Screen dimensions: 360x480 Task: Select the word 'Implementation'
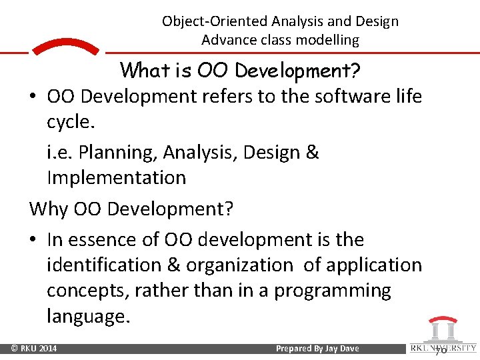pyautogui.click(x=116, y=178)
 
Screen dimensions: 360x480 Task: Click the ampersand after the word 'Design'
pyautogui.click(x=313, y=153)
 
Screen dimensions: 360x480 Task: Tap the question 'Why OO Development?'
pyautogui.click(x=131, y=209)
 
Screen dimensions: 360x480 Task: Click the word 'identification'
pyautogui.click(x=103, y=265)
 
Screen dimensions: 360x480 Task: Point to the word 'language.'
pyautogui.click(x=88, y=316)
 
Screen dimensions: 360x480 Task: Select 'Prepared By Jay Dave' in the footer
pyautogui.click(x=317, y=349)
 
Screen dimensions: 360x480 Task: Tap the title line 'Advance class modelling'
pyautogui.click(x=280, y=40)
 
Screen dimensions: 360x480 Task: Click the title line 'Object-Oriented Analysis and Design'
pyautogui.click(x=280, y=21)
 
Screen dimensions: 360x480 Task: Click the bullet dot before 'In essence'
pyautogui.click(x=33, y=240)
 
